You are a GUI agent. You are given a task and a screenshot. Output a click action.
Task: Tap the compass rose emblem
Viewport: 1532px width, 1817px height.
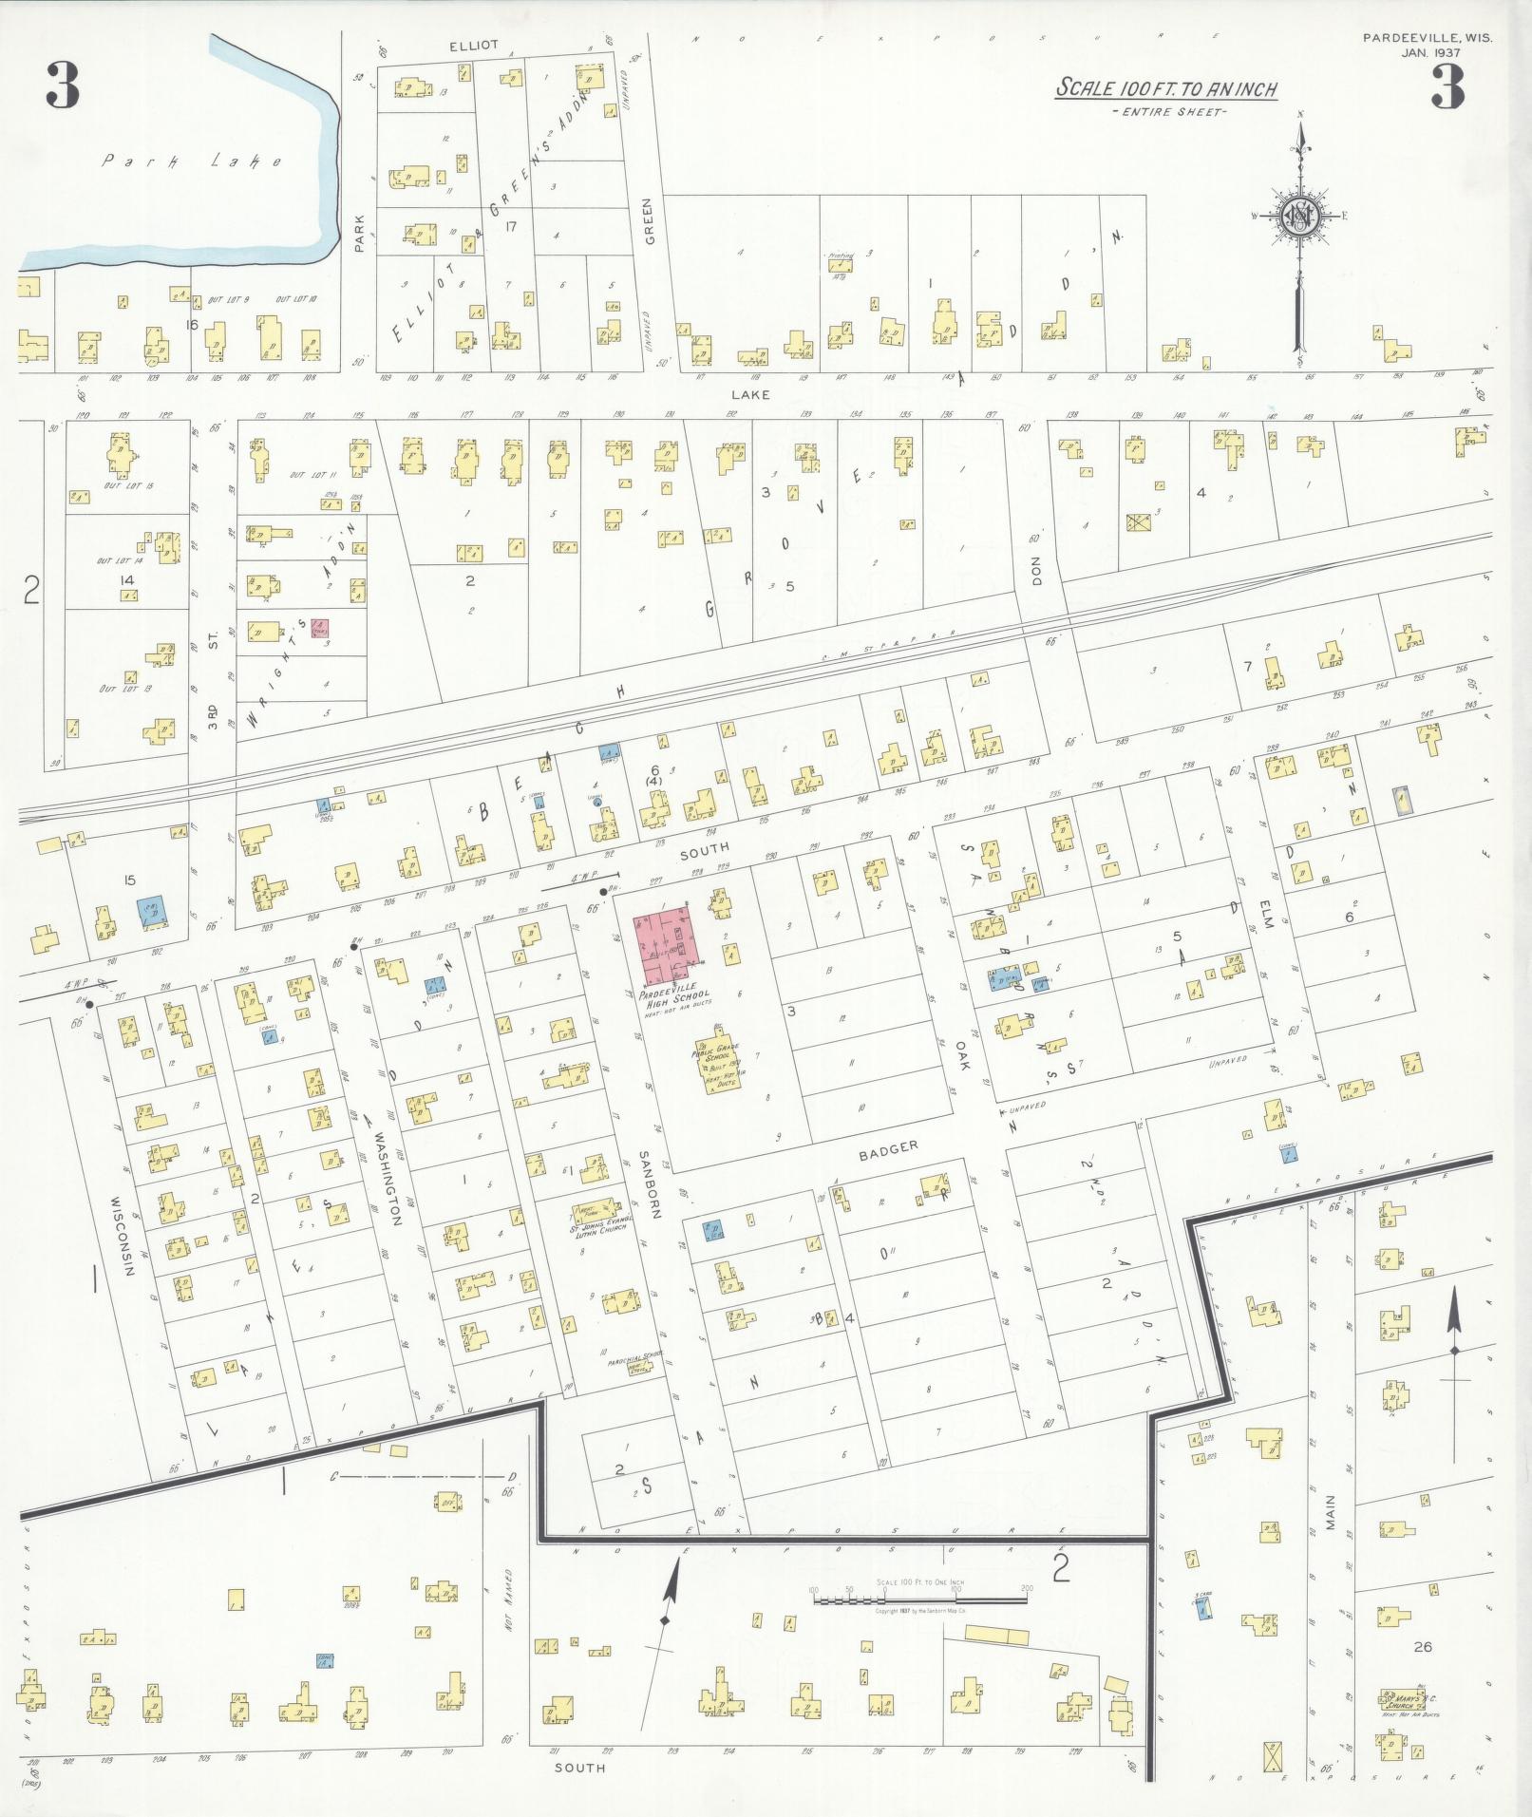[x=1297, y=217]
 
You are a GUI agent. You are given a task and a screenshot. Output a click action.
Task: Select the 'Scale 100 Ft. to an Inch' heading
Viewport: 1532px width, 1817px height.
[x=1167, y=90]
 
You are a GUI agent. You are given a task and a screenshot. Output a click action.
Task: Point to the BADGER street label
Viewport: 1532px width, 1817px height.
[x=888, y=1146]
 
